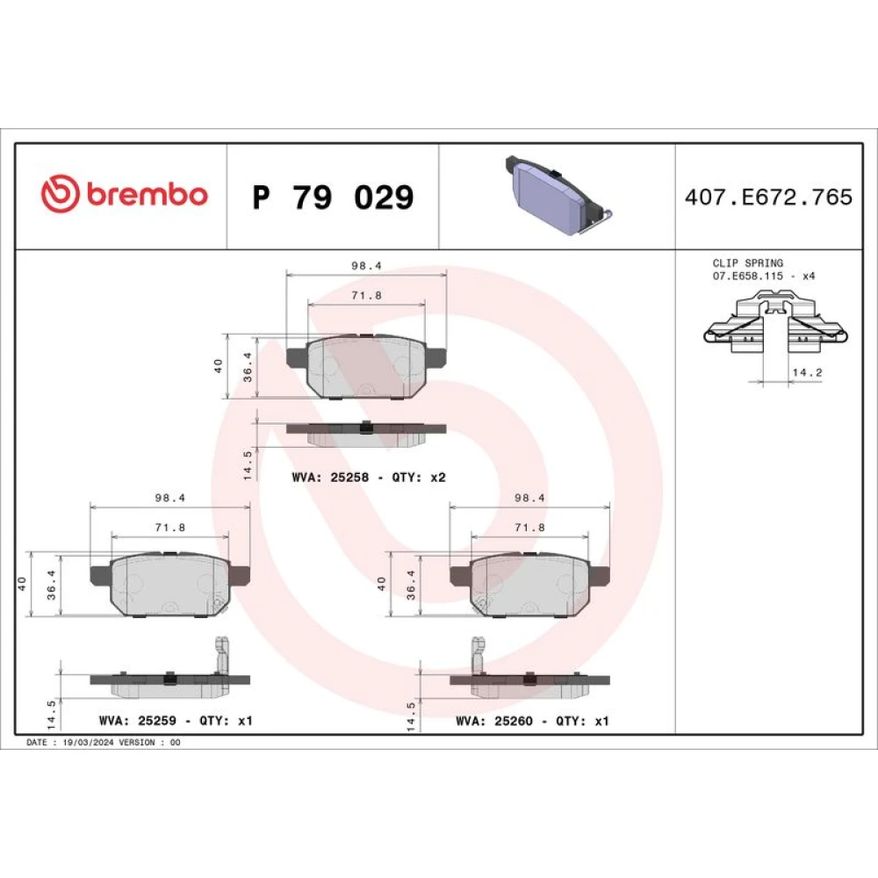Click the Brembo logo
coord(125,194)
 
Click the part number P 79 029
coord(333,197)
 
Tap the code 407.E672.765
coord(768,197)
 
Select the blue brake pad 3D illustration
coord(558,196)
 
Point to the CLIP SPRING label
coord(747,263)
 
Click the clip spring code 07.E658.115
coord(747,276)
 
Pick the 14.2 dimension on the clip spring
coord(807,372)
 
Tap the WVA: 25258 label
coord(330,477)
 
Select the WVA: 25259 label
coord(137,720)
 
